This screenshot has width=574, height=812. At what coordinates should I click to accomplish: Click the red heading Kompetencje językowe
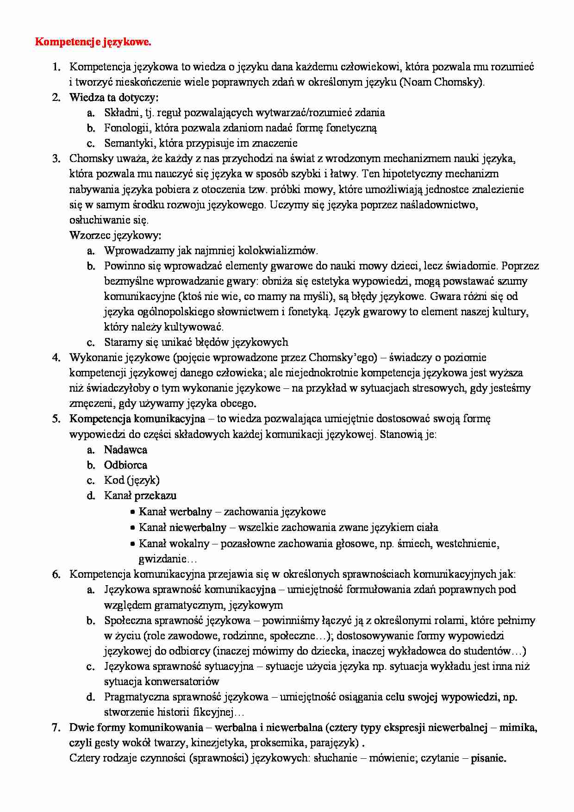[93, 43]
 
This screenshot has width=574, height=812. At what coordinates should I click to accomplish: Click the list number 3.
[56, 159]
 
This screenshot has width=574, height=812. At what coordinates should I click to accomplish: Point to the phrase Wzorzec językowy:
[115, 235]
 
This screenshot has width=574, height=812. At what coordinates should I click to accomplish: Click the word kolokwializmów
[278, 250]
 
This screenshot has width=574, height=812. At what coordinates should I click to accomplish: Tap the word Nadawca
[125, 450]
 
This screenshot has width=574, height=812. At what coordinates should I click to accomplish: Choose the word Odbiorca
[125, 465]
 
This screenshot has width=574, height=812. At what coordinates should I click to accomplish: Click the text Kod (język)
[131, 480]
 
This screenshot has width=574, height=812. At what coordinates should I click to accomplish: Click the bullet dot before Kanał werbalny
[132, 512]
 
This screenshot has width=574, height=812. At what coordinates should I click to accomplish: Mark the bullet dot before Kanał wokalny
[132, 543]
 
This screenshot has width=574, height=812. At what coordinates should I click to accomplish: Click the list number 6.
[56, 574]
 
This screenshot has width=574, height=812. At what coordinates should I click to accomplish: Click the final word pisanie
[488, 758]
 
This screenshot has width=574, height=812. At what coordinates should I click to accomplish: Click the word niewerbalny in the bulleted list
[198, 527]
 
